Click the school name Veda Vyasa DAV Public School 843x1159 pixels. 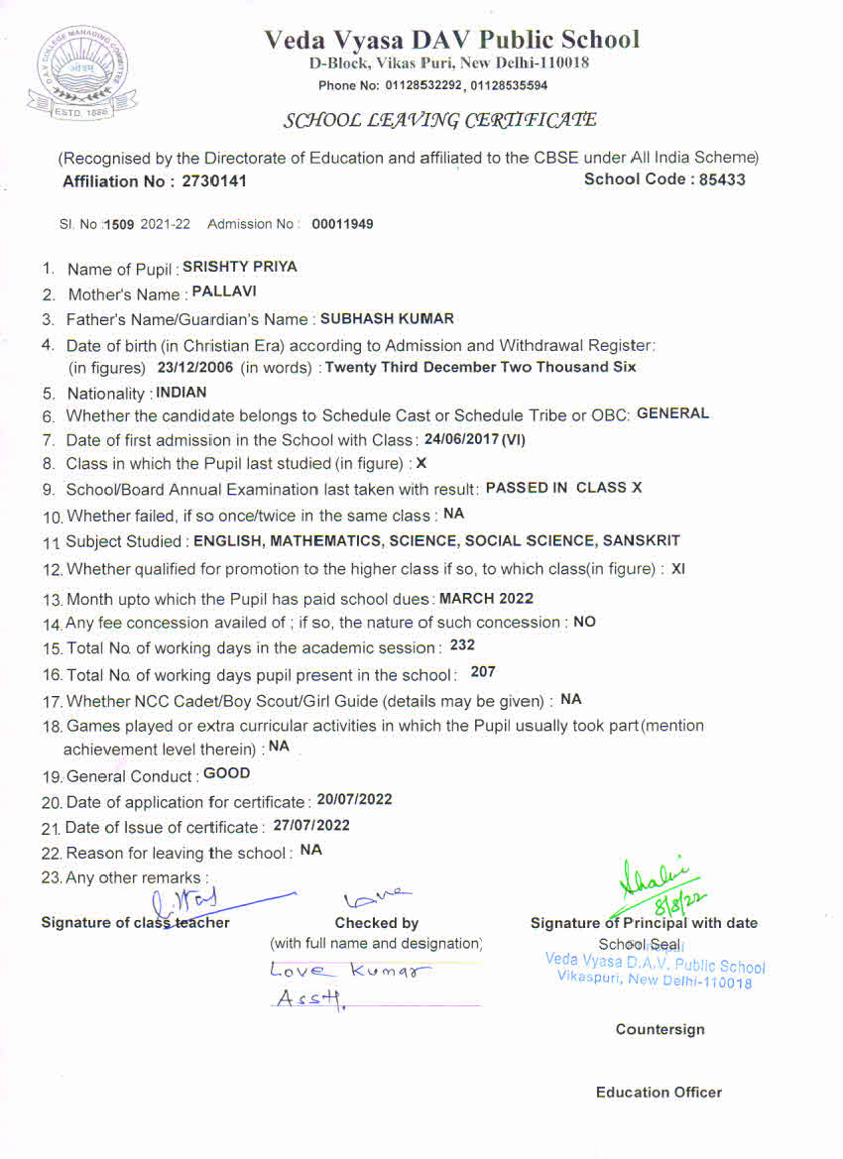click(451, 40)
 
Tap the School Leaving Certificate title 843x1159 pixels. click(440, 121)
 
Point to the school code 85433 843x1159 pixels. click(722, 179)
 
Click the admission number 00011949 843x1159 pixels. click(342, 224)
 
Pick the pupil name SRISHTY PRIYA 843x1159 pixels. click(240, 267)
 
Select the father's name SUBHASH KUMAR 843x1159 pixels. click(387, 319)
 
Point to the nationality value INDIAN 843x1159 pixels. click(181, 393)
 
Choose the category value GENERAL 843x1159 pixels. click(672, 413)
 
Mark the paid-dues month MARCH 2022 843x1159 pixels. click(486, 598)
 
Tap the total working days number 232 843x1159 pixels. click(462, 645)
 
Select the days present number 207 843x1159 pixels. click(483, 672)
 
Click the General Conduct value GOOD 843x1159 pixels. click(226, 773)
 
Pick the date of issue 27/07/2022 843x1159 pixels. click(311, 825)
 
